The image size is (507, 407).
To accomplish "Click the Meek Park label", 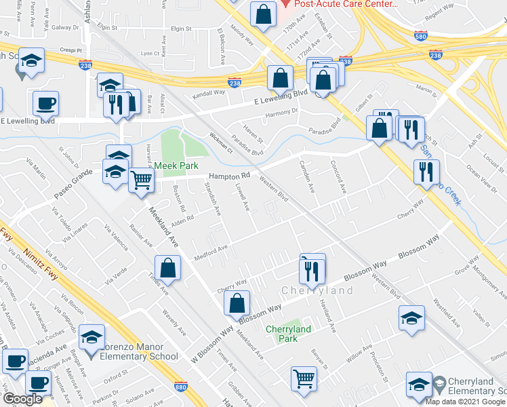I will [174, 166].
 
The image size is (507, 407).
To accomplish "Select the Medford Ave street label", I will [211, 248].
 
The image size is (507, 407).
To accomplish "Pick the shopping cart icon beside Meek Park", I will [141, 180].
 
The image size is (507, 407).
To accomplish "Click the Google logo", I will [22, 400].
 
